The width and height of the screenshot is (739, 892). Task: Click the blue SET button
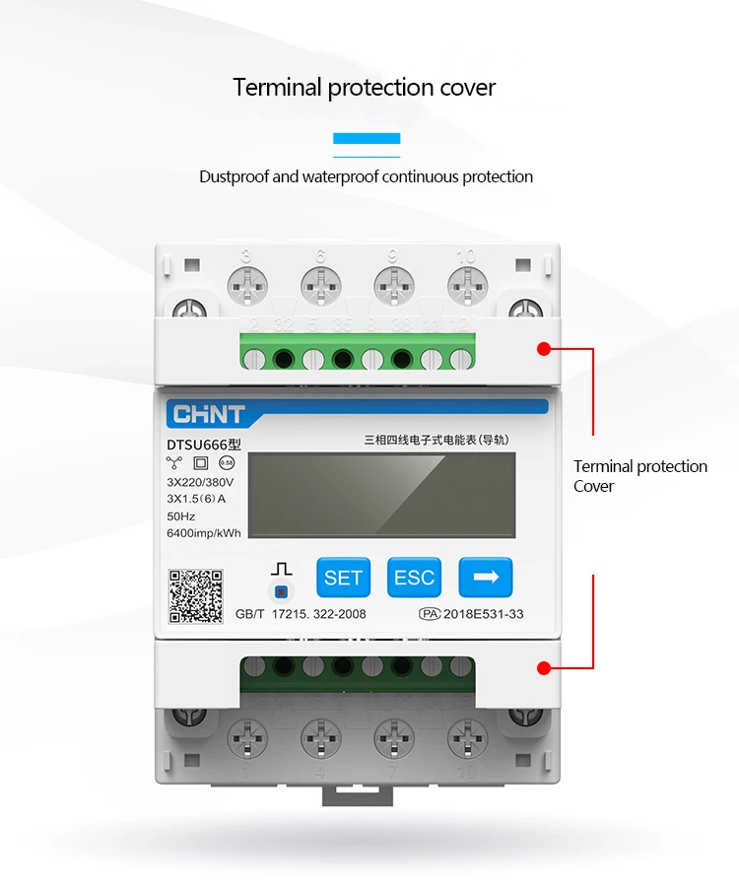click(343, 578)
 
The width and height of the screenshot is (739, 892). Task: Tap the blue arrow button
click(486, 578)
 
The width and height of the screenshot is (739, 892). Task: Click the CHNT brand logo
click(209, 413)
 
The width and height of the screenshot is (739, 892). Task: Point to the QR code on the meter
click(196, 596)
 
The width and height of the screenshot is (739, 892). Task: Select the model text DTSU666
click(197, 445)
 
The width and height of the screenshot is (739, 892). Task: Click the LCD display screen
click(381, 495)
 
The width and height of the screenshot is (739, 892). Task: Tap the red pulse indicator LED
click(282, 591)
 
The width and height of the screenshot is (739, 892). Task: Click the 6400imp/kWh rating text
click(203, 533)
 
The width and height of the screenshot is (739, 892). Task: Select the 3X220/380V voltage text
click(201, 482)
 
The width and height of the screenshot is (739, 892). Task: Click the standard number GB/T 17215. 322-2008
click(301, 614)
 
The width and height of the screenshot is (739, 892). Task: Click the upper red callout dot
click(543, 348)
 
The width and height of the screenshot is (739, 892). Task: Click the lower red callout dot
click(543, 668)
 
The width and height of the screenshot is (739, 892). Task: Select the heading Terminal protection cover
click(365, 87)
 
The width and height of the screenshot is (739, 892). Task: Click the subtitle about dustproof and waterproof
click(366, 177)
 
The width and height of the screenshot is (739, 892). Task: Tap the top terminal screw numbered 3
click(246, 285)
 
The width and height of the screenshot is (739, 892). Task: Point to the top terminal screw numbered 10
click(466, 285)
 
